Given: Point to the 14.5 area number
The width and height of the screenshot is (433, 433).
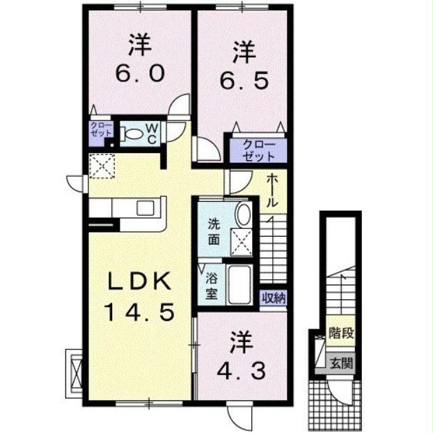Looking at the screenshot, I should click(139, 312).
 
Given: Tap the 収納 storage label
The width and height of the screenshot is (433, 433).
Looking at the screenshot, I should click(274, 298).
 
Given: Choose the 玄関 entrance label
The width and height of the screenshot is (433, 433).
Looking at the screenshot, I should click(341, 363).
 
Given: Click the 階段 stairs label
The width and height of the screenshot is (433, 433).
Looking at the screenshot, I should click(341, 333).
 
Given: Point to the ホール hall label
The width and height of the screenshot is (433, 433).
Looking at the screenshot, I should click(273, 190).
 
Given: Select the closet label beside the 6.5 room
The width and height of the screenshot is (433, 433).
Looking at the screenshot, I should click(259, 150).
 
